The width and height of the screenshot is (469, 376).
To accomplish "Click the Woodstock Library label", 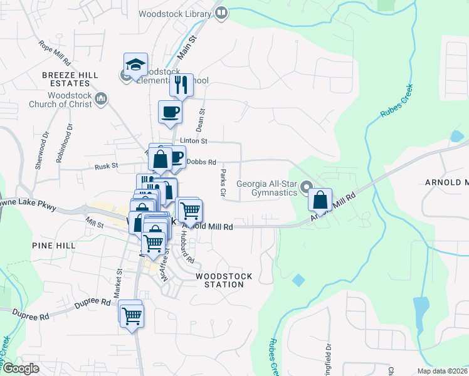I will tap(175, 13).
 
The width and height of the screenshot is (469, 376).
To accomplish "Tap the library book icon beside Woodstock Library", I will tap(221, 13).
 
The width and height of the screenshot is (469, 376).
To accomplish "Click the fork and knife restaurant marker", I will tap(181, 85).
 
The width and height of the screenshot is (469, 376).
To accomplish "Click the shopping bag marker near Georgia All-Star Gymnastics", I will tap(320, 201).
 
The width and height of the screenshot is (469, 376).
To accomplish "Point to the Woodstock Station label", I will tap(224, 280).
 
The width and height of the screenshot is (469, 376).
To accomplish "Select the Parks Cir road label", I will tap(223, 182).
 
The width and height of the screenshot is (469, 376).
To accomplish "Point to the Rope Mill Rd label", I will tap(54, 54).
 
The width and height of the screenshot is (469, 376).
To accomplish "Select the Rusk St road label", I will tap(106, 166).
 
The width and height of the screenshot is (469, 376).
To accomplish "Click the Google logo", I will tap(21, 368).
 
